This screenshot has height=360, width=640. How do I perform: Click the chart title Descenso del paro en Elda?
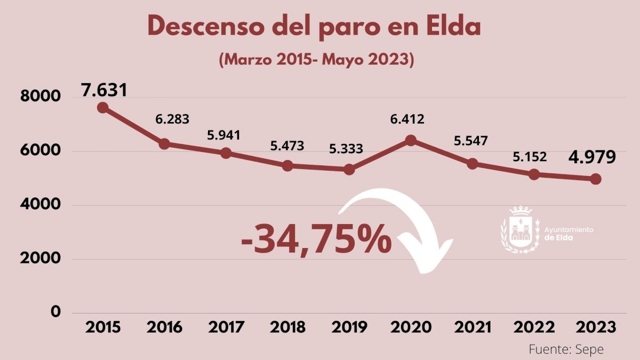(314, 27)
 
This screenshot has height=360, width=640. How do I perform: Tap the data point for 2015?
(103, 108)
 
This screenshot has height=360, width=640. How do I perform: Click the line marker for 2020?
(411, 140)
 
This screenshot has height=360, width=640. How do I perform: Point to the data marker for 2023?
(596, 179)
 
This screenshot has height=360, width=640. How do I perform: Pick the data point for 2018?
(287, 166)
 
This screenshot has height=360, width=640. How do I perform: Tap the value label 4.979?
(591, 157)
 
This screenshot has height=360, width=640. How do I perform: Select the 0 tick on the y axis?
(55, 312)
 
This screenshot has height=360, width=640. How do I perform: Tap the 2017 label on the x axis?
(226, 327)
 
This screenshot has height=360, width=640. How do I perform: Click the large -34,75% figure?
(316, 241)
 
